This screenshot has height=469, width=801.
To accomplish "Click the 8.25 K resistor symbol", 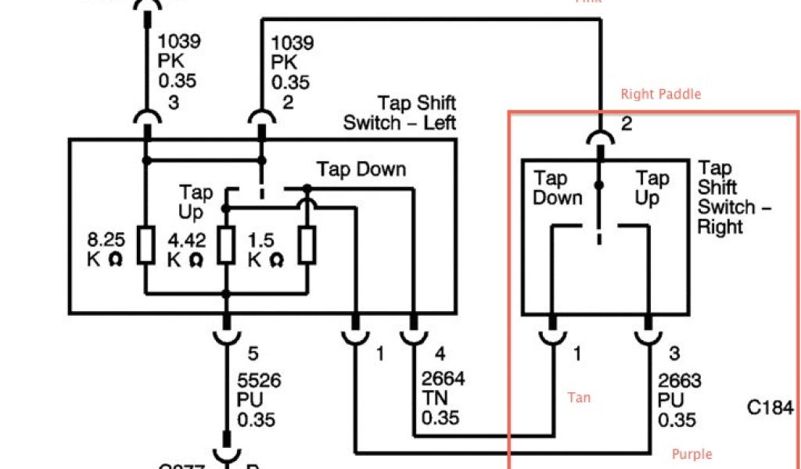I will point(145,245).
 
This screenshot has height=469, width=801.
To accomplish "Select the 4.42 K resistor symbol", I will point(226,245).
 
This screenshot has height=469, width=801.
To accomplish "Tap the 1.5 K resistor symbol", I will point(307,245).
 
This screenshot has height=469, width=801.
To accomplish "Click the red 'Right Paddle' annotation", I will point(661,95).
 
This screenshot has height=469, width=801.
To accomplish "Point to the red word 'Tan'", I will point(579,398).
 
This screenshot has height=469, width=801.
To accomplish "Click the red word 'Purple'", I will point(692,454).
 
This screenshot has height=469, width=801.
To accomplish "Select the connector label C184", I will point(770,408).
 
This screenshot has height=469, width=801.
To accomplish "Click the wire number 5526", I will point(259,381).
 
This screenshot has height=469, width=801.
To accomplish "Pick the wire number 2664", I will point(443,379).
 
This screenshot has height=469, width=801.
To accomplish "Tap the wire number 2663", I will point(679,382).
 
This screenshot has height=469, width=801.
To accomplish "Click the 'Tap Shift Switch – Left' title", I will point(400,113).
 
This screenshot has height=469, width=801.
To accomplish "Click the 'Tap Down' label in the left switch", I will point(361,169).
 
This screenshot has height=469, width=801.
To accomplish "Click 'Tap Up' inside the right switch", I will point(652,188).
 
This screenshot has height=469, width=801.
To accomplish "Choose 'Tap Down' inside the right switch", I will point(558,188).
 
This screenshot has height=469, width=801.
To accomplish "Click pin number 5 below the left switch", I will point(253,353).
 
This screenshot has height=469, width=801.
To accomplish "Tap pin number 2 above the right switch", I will point(626,124).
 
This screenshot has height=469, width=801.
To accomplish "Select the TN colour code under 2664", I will point(435,399).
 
